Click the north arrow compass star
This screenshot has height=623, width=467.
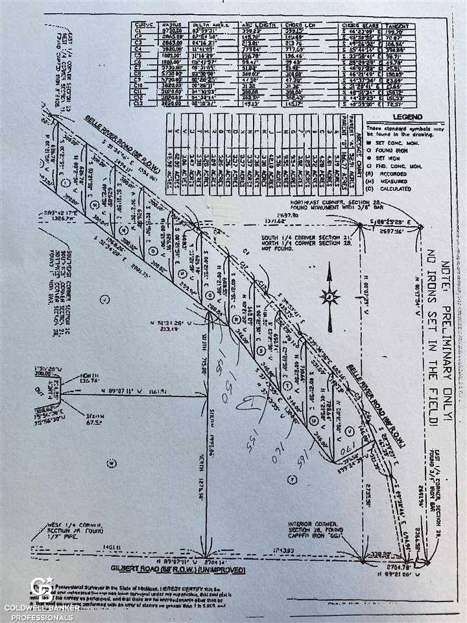point(329,298)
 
